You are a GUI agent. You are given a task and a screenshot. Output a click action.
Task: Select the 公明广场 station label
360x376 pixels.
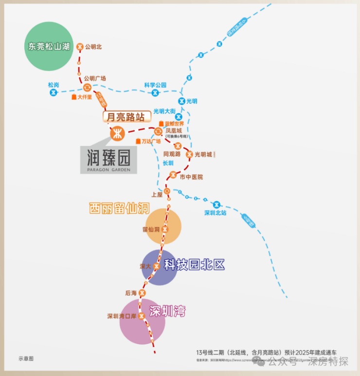click(x=95, y=78)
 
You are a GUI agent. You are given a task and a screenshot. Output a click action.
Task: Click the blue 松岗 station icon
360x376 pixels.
click(x=53, y=92)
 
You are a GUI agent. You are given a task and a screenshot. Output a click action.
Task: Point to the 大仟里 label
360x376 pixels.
click(x=84, y=97)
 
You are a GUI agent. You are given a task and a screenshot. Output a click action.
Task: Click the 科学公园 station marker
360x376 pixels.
click(x=155, y=93)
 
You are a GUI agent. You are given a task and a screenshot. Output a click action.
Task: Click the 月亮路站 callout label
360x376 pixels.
click(x=126, y=117)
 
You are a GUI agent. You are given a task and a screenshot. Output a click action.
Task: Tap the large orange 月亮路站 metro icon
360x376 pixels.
click(x=117, y=133)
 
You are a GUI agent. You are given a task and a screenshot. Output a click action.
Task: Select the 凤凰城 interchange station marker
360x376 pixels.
click(x=158, y=132)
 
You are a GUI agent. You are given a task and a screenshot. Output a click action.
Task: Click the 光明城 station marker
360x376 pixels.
click(x=189, y=154)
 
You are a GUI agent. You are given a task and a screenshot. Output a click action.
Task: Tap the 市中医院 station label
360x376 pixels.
click(x=191, y=177)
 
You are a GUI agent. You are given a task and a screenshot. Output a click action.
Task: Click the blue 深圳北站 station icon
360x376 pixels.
click(x=216, y=205)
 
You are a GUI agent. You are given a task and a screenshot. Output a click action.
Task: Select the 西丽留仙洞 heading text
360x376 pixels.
click(x=119, y=208)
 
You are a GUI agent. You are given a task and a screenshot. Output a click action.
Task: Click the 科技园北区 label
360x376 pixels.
click(x=194, y=265)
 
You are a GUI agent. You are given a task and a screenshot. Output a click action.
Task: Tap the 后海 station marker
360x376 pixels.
click(x=142, y=293)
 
